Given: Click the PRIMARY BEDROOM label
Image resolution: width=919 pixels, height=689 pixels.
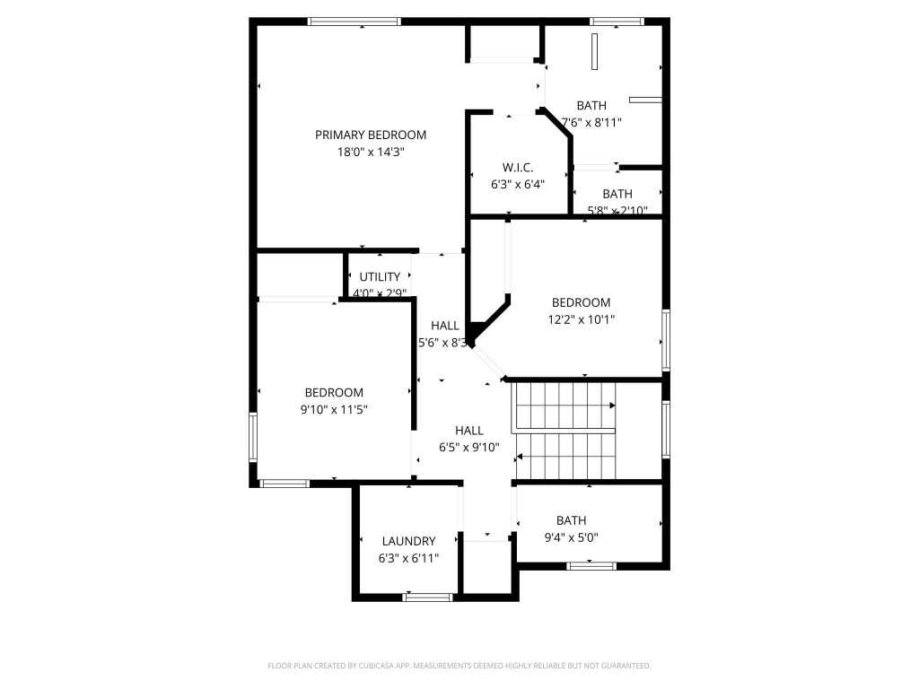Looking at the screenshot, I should pyautogui.click(x=370, y=135).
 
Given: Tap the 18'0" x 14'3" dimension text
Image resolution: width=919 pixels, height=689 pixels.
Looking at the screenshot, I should pyautogui.click(x=370, y=153).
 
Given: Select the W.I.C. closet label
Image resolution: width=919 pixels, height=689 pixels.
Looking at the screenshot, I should pyautogui.click(x=518, y=168).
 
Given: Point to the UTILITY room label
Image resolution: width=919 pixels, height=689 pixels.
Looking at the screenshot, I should pyautogui.click(x=380, y=277).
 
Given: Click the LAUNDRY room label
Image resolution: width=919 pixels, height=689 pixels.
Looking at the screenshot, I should pyautogui.click(x=408, y=541).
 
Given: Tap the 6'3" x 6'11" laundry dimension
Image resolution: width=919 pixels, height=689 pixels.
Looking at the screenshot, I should pyautogui.click(x=408, y=558).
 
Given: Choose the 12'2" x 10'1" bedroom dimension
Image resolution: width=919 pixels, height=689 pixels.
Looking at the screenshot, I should pyautogui.click(x=581, y=319).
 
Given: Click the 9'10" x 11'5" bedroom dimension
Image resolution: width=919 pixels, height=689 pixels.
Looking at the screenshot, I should pyautogui.click(x=334, y=409).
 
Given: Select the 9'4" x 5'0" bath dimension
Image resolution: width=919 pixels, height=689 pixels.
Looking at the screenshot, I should pyautogui.click(x=571, y=537).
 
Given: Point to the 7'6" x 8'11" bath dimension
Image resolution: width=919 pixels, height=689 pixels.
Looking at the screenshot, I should pyautogui.click(x=591, y=122).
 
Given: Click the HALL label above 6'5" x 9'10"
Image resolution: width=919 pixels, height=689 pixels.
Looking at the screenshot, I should pyautogui.click(x=468, y=431).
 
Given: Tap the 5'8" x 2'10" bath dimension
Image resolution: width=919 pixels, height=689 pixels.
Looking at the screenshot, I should pyautogui.click(x=617, y=211).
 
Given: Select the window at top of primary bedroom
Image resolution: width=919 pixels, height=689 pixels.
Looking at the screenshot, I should pyautogui.click(x=354, y=21).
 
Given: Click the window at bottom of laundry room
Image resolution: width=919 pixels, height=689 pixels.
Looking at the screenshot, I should pyautogui.click(x=427, y=597).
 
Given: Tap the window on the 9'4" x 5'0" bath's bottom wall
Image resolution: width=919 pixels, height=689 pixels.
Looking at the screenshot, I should pyautogui.click(x=591, y=565).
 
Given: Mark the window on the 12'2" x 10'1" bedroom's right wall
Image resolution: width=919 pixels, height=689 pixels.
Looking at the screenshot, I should pyautogui.click(x=666, y=340).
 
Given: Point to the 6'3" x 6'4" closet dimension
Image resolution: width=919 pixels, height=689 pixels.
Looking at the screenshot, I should pyautogui.click(x=518, y=185).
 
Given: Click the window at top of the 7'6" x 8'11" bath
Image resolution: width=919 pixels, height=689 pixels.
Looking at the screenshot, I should pyautogui.click(x=617, y=21).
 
